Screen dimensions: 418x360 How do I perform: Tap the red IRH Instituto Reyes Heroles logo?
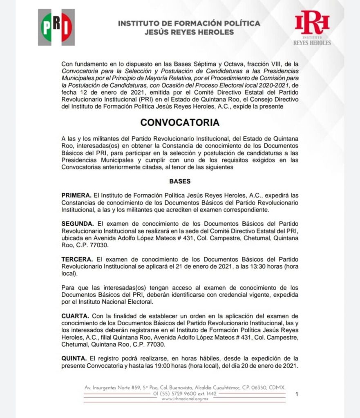click(x=312, y=27)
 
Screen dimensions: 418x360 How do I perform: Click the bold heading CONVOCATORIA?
click(x=180, y=122)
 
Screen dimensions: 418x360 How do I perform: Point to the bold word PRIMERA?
click(x=76, y=196)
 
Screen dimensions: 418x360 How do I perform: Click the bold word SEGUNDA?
click(x=78, y=224)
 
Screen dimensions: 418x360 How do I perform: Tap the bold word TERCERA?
click(x=77, y=260)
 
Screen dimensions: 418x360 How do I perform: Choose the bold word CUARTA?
click(x=75, y=316)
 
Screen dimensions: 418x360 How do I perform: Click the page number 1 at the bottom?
click(x=297, y=394)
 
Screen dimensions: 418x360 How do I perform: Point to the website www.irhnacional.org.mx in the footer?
click(x=185, y=399)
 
